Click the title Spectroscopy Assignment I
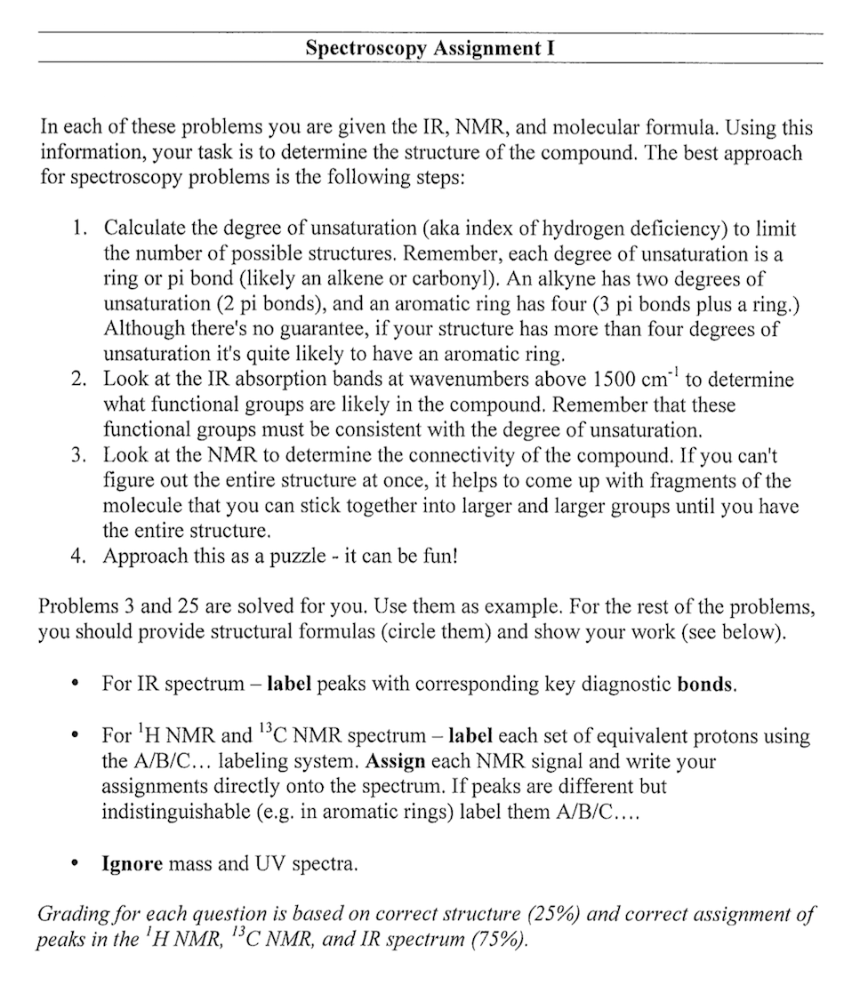430,49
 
